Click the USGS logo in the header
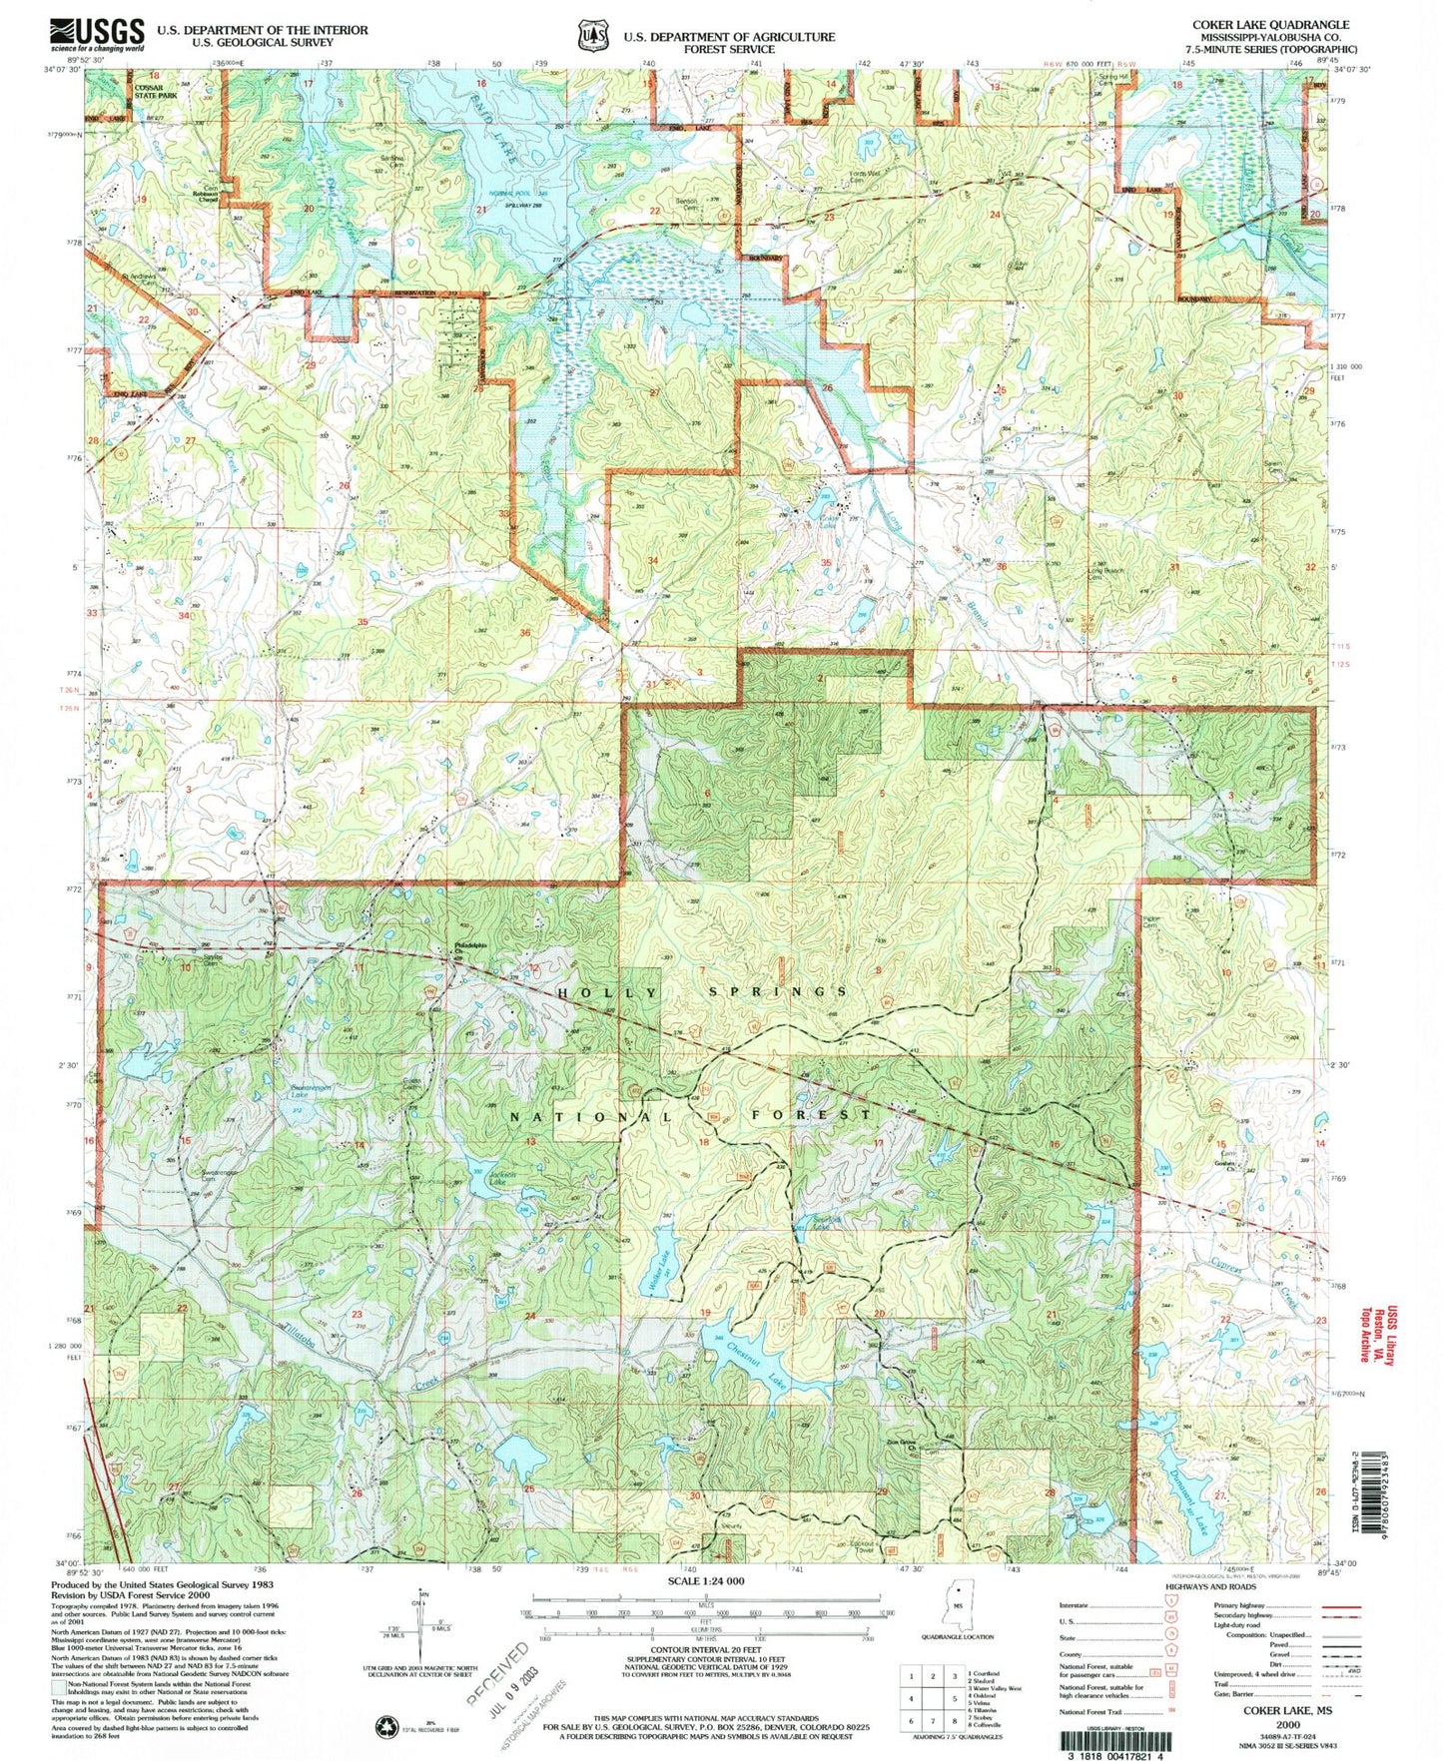click(97, 35)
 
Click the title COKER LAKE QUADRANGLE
click(1268, 25)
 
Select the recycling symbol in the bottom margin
click(384, 1726)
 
